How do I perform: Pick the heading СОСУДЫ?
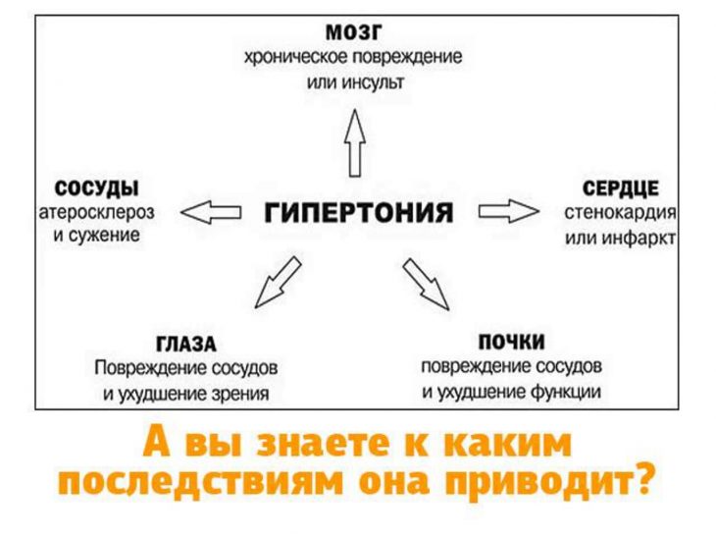pyautogui.click(x=96, y=188)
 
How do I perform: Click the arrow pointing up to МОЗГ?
pyautogui.click(x=354, y=141)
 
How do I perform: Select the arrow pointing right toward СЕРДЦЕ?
pyautogui.click(x=509, y=211)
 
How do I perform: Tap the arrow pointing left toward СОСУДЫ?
pyautogui.click(x=212, y=211)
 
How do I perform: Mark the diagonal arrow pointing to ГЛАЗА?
pyautogui.click(x=277, y=280)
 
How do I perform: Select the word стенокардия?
pyautogui.click(x=621, y=212)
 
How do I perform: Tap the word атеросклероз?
pyautogui.click(x=95, y=211)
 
